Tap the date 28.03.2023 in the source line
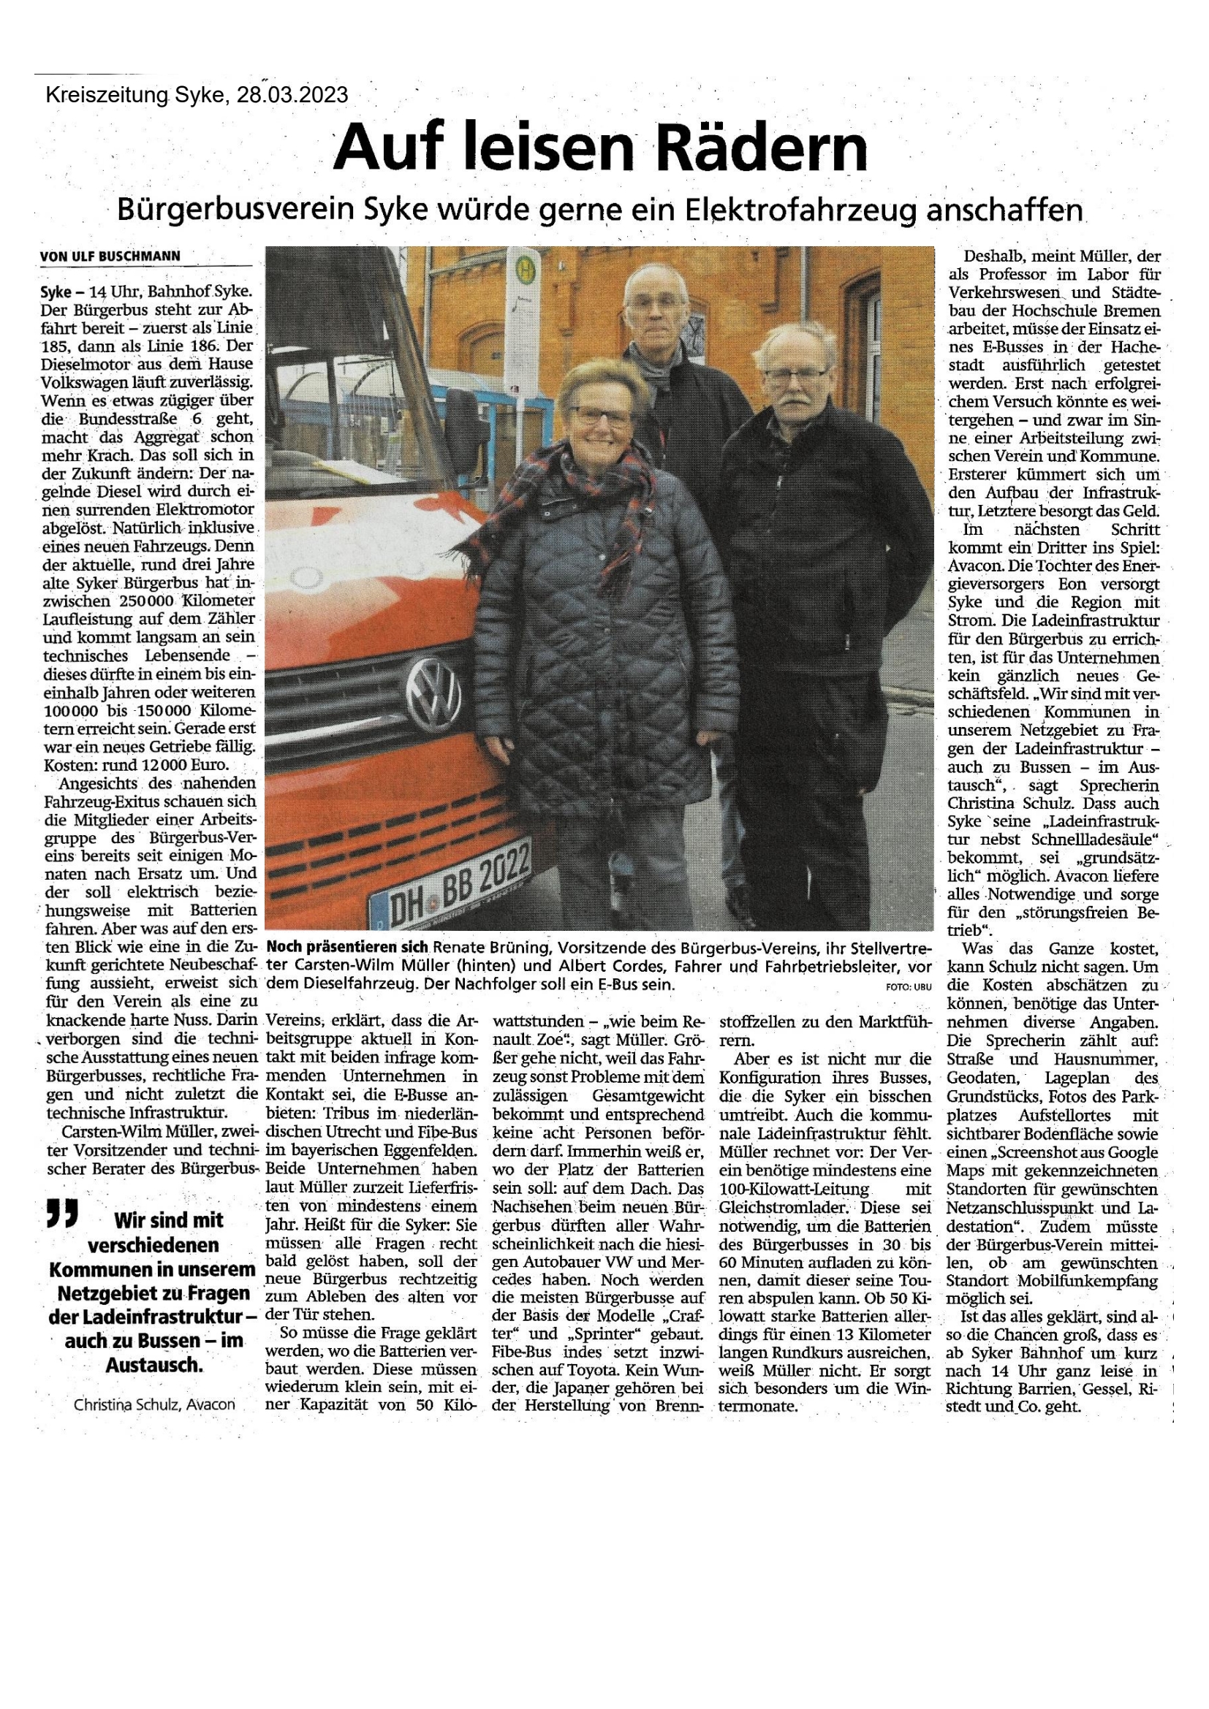pos(292,95)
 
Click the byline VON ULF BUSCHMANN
pos(110,256)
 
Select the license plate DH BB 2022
pos(450,879)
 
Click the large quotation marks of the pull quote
pos(62,1213)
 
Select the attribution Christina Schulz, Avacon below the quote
pos(154,1404)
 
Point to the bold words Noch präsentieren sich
pos(348,948)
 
